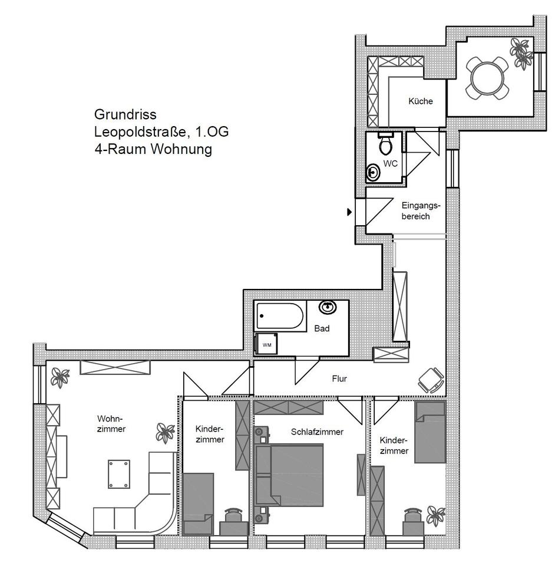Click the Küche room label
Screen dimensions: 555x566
421,101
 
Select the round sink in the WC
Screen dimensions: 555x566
373,173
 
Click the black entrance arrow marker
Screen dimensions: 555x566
349,212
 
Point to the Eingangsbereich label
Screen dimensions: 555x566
421,211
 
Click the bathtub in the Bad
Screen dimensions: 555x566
280,316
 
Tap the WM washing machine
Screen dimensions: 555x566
266,344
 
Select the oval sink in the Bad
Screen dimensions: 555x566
328,307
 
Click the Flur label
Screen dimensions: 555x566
339,379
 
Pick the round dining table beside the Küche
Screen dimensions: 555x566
487,78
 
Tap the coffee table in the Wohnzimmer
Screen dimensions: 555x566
119,474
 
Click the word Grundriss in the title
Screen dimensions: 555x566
125,114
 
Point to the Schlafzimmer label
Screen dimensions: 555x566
317,432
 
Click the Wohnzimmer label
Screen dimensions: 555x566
111,424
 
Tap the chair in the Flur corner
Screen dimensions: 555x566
431,380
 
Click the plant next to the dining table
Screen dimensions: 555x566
521,54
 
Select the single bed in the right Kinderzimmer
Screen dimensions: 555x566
430,432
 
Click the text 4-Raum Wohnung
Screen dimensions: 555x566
153,149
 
